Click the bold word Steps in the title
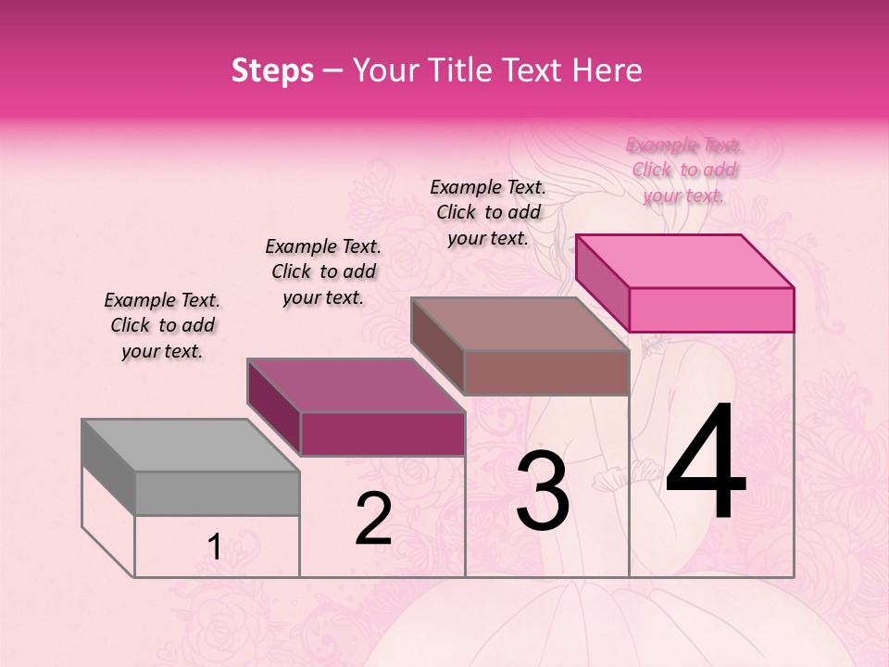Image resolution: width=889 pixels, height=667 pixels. click(272, 70)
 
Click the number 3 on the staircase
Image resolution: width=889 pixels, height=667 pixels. click(543, 491)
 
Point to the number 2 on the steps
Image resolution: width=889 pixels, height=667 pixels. click(373, 519)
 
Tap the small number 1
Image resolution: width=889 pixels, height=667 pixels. click(214, 547)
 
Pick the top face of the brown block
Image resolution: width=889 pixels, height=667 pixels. click(520, 324)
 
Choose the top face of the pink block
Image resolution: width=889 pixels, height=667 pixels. click(684, 261)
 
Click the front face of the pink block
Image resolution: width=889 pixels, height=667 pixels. click(711, 309)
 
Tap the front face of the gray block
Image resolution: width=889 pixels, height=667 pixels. click(217, 493)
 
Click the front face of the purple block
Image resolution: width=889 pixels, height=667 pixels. click(382, 434)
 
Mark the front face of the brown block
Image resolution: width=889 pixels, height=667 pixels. click(546, 372)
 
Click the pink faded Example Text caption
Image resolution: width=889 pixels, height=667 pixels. click(684, 170)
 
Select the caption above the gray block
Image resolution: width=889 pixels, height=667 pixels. click(162, 325)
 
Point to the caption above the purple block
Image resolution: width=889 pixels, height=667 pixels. click(323, 271)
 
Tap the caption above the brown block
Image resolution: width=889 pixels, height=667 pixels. click(488, 212)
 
